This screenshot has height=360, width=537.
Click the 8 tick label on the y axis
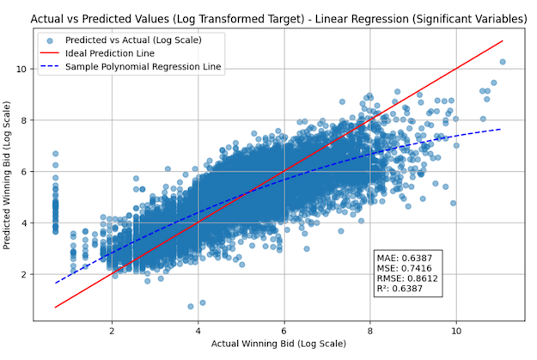click(x=23, y=120)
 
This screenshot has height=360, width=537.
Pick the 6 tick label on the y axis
click(x=23, y=172)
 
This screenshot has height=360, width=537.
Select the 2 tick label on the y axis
click(x=23, y=275)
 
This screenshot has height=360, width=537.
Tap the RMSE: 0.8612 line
click(x=406, y=279)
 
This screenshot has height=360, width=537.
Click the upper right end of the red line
click(x=502, y=41)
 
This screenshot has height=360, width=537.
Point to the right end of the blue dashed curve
click(x=502, y=129)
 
